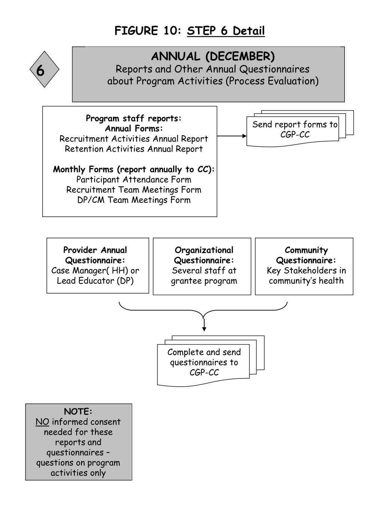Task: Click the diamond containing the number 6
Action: [x=45, y=70]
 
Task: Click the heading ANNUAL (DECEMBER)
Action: [x=213, y=56]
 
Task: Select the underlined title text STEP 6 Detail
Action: [x=226, y=31]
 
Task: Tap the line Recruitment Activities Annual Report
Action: [x=134, y=139]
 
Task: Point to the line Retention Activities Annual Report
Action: [x=134, y=149]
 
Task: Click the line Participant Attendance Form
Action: [x=134, y=180]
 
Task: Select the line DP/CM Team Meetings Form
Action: [x=134, y=200]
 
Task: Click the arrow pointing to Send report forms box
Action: [x=232, y=136]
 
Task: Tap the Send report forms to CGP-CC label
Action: [x=295, y=129]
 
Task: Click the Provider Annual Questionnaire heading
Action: [x=95, y=255]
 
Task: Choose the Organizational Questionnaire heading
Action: [x=204, y=255]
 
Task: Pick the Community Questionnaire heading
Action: [x=306, y=255]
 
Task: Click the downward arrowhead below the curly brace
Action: [x=204, y=328]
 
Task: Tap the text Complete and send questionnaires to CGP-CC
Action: [x=204, y=362]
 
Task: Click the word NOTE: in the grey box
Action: [x=78, y=412]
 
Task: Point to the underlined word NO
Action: [x=42, y=422]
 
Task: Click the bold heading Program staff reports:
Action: [x=134, y=118]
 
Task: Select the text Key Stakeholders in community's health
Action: [x=306, y=276]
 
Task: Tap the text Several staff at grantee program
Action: [x=204, y=276]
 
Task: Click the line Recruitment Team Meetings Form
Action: [x=134, y=190]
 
